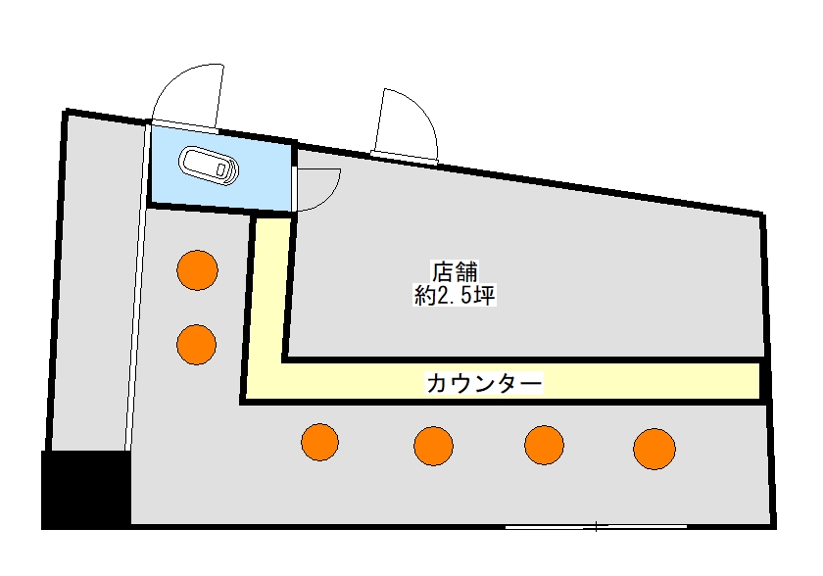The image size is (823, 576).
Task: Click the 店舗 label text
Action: click(455, 271)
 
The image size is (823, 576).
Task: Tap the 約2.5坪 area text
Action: click(455, 296)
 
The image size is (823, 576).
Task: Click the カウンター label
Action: click(484, 383)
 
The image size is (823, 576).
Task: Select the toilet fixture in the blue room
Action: click(209, 166)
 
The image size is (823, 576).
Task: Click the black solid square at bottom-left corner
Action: click(86, 490)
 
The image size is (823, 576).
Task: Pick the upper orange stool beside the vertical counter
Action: click(197, 270)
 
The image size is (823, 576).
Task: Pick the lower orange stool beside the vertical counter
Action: click(196, 345)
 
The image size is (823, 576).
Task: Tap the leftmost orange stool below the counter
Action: click(319, 442)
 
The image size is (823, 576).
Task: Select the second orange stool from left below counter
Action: click(433, 446)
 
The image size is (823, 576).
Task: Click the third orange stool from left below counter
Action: click(545, 445)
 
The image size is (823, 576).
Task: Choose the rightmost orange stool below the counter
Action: click(654, 449)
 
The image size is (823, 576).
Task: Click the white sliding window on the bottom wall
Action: click(597, 526)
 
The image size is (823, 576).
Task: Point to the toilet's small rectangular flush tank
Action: click(221, 169)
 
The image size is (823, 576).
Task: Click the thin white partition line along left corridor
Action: click(136, 286)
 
